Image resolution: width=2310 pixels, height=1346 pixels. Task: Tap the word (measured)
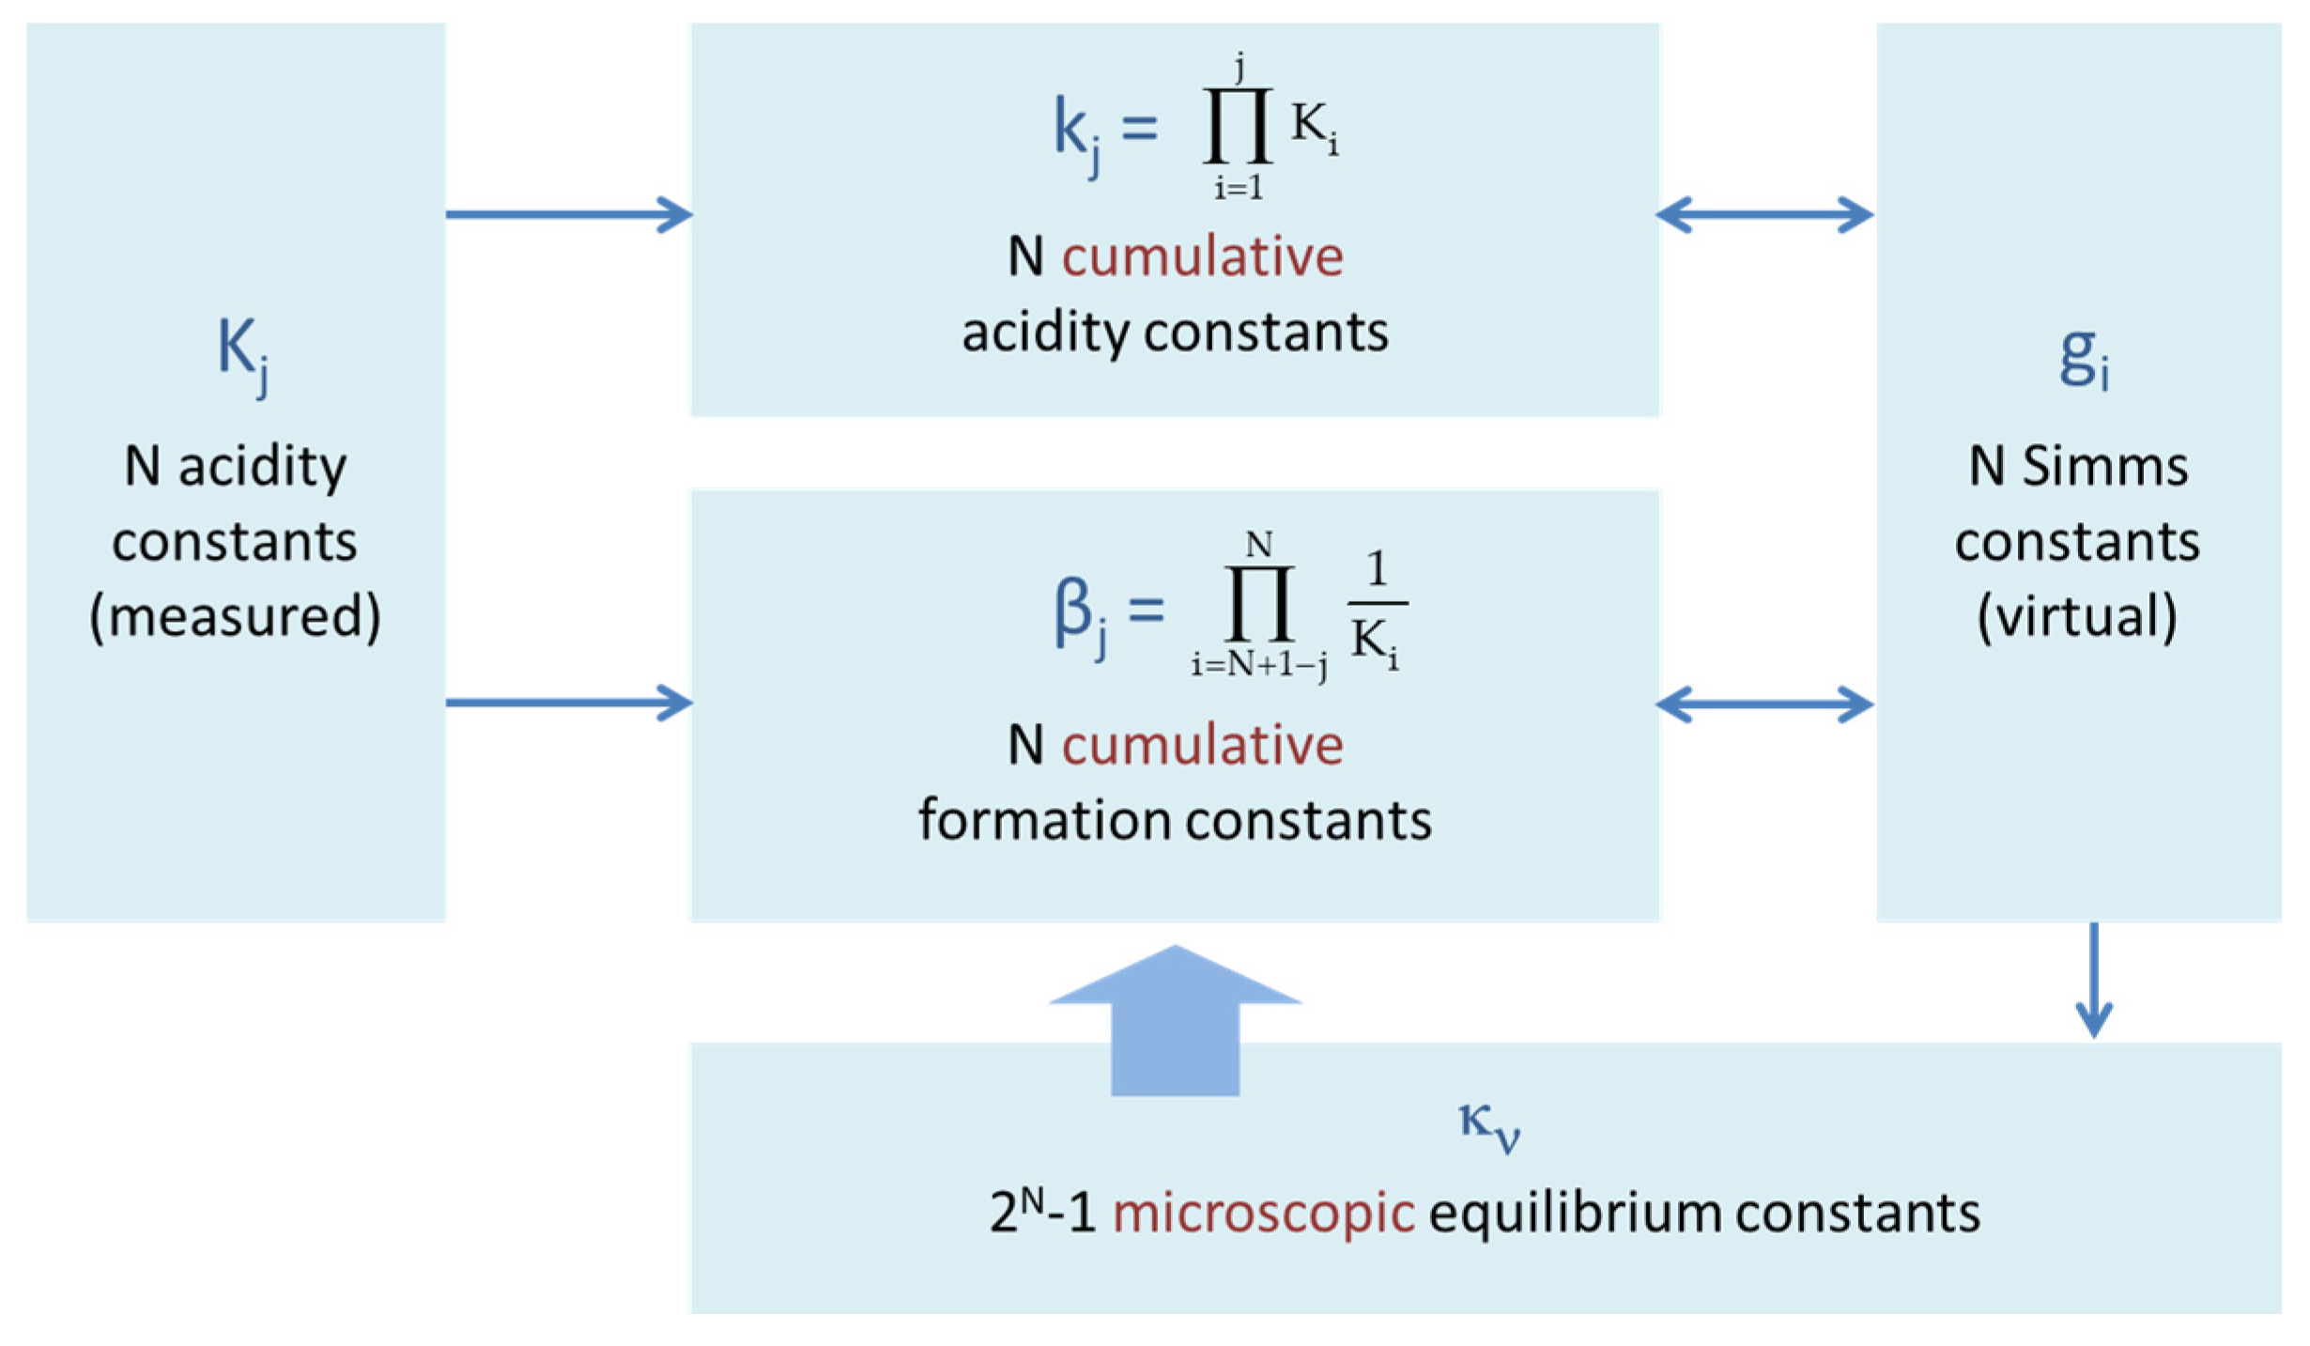(x=235, y=617)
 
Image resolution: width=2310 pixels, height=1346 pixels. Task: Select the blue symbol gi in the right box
(x=2083, y=360)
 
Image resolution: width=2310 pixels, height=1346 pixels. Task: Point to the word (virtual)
(x=2077, y=617)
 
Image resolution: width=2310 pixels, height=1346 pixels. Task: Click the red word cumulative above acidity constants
(x=1202, y=256)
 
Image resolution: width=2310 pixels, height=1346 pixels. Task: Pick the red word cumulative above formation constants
(x=1202, y=745)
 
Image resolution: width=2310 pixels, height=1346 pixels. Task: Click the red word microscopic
(x=1263, y=1213)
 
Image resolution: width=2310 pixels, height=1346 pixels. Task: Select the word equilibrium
(x=1575, y=1213)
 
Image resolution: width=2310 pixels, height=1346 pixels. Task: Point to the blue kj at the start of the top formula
(x=1076, y=132)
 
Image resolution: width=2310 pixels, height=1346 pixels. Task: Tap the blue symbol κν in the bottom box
(x=1489, y=1124)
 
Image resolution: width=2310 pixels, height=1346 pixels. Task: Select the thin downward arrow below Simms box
(x=2093, y=982)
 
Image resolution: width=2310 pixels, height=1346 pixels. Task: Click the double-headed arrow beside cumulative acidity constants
(x=1764, y=214)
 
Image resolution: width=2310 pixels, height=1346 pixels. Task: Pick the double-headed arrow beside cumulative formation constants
(x=1764, y=704)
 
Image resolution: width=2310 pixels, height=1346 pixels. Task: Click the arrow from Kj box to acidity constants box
(x=568, y=214)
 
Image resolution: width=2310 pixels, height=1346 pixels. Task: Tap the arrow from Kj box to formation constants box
(x=568, y=703)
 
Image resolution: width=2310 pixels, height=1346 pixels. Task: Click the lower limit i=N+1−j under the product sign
(x=1259, y=665)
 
